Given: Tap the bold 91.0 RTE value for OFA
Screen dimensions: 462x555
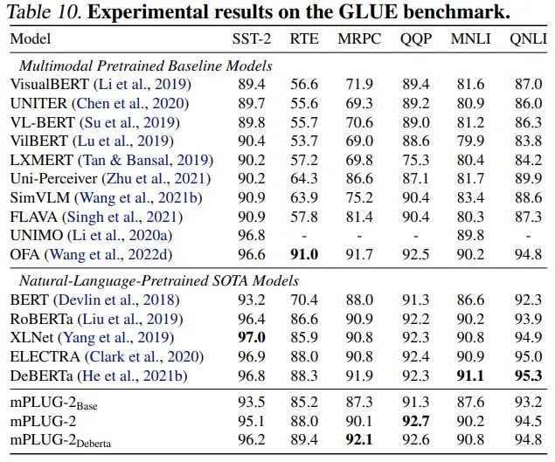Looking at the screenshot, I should pyautogui.click(x=304, y=254).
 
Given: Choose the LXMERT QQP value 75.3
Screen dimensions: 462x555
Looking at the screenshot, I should pyautogui.click(x=415, y=160).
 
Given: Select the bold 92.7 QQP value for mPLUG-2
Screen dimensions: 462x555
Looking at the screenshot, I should pyautogui.click(x=415, y=421).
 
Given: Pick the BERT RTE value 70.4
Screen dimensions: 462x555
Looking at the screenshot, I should pyautogui.click(x=304, y=300).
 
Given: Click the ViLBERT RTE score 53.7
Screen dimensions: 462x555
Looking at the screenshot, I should pyautogui.click(x=304, y=141).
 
